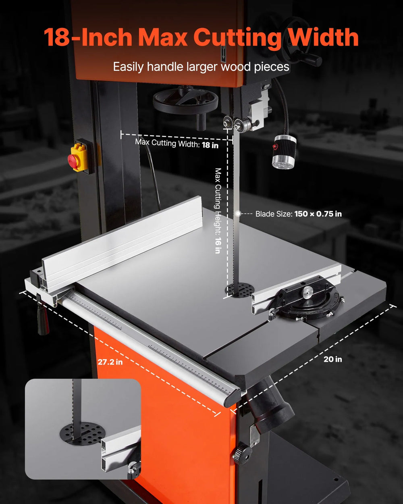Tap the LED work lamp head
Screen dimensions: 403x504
click(284, 152)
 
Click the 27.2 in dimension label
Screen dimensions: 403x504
click(110, 362)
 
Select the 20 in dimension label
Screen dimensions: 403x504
click(333, 359)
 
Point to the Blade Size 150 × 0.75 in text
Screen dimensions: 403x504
click(298, 214)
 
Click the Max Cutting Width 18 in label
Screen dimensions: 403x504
click(177, 144)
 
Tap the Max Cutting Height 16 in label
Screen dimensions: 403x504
click(218, 211)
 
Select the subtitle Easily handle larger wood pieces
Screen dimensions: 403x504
click(201, 67)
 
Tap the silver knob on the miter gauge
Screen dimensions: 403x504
click(307, 292)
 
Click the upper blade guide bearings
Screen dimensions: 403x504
click(234, 123)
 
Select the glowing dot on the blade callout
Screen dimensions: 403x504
click(238, 214)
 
